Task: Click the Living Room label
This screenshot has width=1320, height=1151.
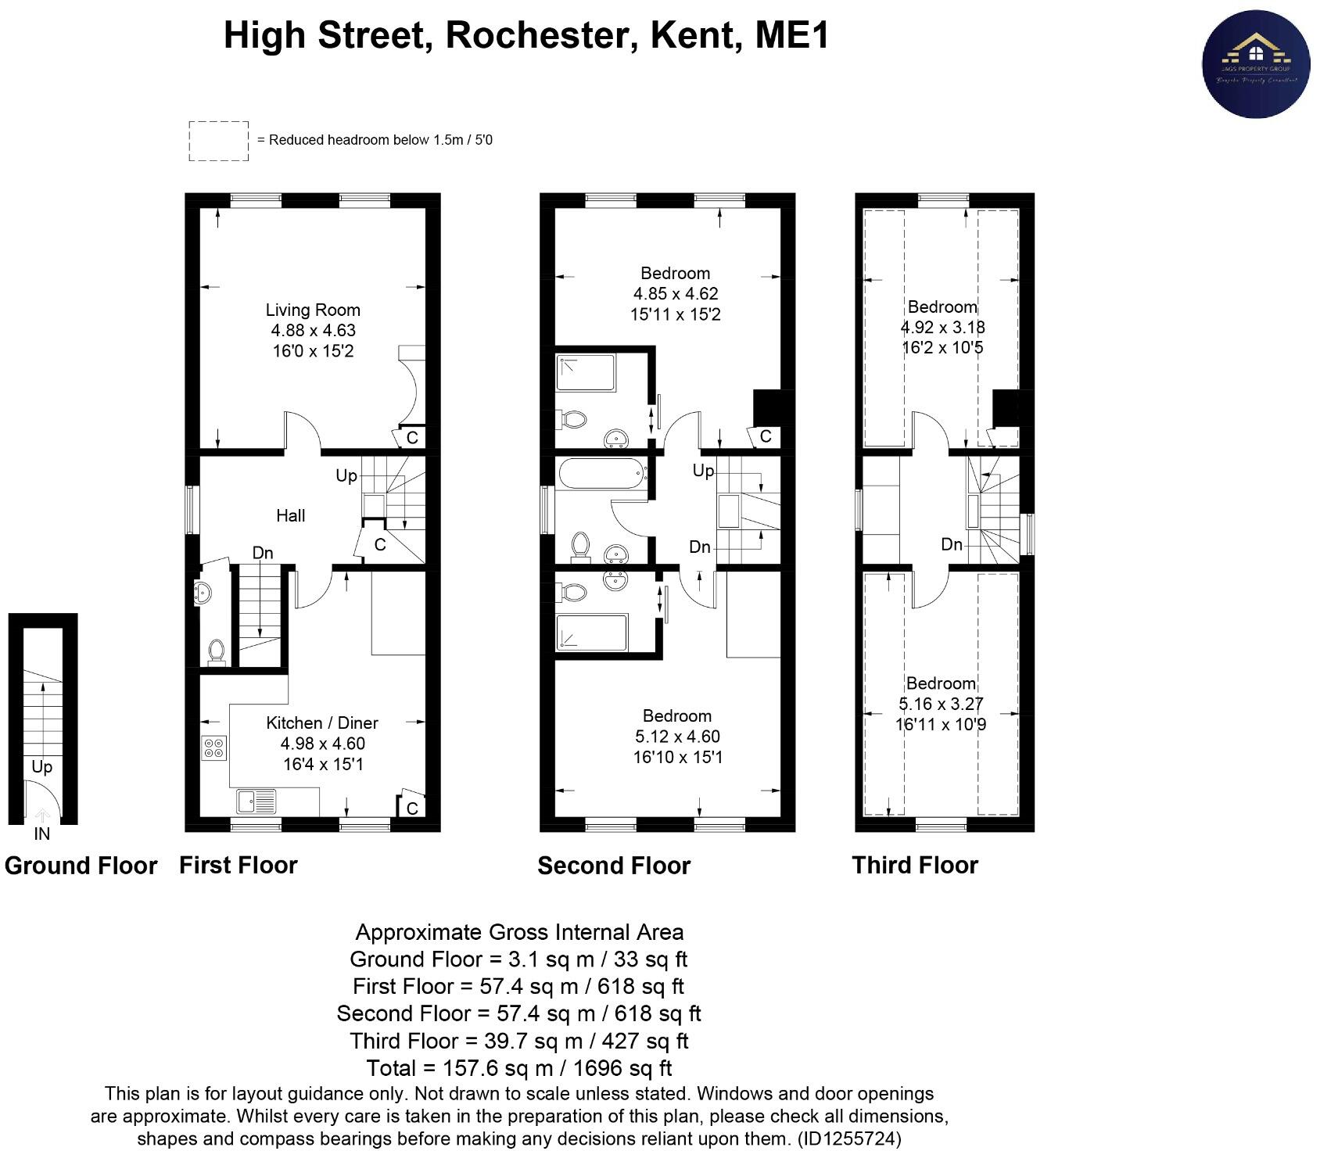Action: [x=313, y=310]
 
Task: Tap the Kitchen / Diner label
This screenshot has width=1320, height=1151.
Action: [x=322, y=723]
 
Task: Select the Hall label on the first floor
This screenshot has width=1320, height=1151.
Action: [x=290, y=515]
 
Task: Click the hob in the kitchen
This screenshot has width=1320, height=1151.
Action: [x=213, y=748]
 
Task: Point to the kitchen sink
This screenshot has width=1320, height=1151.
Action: [x=256, y=801]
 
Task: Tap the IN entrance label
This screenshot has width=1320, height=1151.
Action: [x=41, y=834]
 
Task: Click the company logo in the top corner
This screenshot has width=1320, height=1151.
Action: [x=1255, y=64]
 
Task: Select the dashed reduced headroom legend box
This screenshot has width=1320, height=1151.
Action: [x=218, y=141]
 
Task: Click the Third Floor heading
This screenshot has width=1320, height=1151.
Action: [x=914, y=866]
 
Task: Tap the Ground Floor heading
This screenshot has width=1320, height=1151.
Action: [x=81, y=866]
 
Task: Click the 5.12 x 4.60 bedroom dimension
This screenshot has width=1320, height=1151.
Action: [x=677, y=737]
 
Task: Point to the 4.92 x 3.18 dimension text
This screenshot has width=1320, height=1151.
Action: [x=942, y=328]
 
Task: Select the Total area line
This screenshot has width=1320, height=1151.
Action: [x=518, y=1068]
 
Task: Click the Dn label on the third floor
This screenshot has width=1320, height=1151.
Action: [x=951, y=544]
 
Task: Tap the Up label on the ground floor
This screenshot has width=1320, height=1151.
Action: [x=41, y=766]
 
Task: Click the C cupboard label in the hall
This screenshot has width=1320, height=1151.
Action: [x=380, y=544]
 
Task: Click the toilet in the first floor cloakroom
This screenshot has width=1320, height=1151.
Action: [x=216, y=651]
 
